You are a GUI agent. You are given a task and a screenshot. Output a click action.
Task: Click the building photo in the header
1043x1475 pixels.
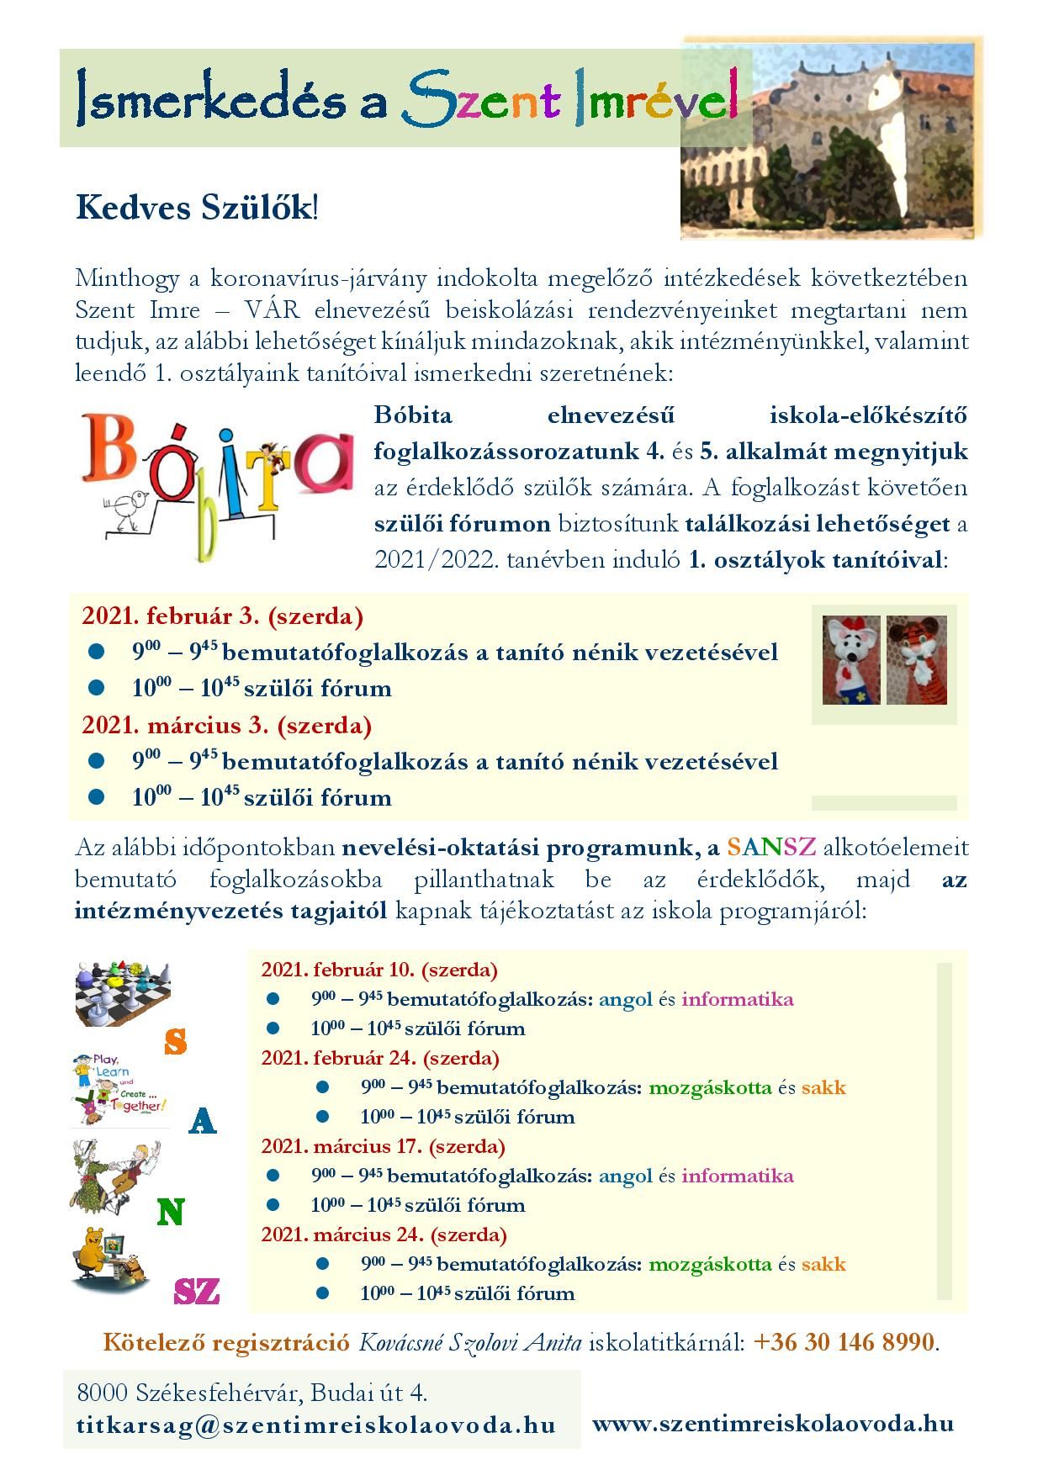[831, 139]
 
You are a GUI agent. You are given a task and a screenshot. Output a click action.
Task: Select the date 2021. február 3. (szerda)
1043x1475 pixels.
[222, 616]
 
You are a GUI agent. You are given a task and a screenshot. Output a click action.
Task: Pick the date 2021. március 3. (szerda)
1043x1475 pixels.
[226, 725]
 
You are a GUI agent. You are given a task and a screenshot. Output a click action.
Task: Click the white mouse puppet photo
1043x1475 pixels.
[850, 659]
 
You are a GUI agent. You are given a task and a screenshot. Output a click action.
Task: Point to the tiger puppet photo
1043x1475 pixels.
[917, 659]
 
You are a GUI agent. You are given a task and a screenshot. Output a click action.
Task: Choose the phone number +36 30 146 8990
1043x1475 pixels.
[844, 1341]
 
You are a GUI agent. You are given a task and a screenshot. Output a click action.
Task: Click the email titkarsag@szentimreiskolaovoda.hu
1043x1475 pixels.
[315, 1425]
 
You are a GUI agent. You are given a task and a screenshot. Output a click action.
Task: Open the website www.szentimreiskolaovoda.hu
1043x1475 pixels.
[773, 1423]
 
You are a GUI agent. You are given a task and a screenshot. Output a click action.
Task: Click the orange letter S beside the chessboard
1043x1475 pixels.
[175, 1042]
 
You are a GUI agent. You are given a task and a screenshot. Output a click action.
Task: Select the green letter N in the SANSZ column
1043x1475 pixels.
[170, 1212]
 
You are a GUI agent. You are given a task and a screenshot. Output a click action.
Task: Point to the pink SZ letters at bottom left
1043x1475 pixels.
[196, 1291]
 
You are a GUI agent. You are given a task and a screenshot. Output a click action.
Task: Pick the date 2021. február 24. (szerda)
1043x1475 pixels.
[380, 1058]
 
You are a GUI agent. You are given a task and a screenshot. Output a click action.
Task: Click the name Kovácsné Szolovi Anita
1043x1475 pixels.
[470, 1342]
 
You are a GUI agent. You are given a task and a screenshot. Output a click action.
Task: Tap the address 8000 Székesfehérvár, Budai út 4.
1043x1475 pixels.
[252, 1393]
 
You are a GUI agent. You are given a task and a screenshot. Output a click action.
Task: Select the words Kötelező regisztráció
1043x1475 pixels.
[225, 1342]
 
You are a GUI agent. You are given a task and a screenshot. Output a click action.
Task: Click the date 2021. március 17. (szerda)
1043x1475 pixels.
[383, 1146]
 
